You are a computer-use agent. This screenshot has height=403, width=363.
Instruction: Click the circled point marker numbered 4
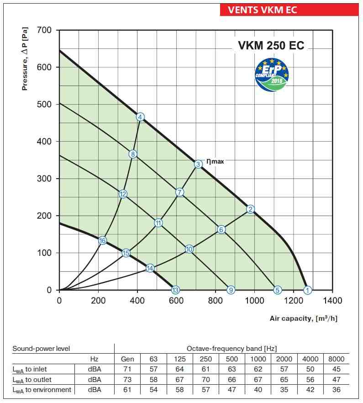140,117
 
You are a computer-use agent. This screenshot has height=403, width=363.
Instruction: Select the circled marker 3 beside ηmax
198,164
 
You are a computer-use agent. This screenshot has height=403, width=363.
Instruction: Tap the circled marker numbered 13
175,290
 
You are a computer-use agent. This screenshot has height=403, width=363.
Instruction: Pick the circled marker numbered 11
158,223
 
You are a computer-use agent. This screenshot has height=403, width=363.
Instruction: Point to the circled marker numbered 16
102,240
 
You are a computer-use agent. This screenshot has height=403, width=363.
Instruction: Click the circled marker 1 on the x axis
308,290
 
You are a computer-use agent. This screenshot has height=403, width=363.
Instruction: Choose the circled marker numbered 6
221,229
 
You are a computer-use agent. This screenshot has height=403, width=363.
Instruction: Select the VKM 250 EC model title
271,45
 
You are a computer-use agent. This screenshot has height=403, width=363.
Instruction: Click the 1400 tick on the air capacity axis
332,301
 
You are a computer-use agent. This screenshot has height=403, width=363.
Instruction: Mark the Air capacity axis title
304,318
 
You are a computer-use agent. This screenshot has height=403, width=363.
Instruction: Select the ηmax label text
215,161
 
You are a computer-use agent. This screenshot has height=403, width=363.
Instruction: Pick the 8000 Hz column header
336,359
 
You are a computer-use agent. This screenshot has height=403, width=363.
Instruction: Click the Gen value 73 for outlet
127,379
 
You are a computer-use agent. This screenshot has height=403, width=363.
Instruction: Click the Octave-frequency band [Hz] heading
231,349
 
